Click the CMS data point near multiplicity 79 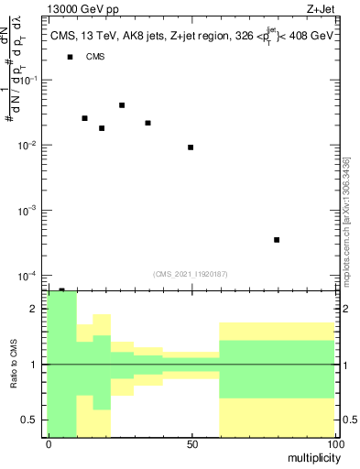277,240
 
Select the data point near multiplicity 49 191,147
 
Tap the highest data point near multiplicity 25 122,105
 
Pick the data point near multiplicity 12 84,118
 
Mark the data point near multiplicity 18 102,128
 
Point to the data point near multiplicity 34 147,123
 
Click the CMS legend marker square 70,58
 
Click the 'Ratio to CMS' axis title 13,365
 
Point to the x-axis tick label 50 191,443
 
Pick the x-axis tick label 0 49,443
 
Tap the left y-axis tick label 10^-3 27,211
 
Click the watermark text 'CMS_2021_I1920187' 191,273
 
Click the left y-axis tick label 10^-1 27,81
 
